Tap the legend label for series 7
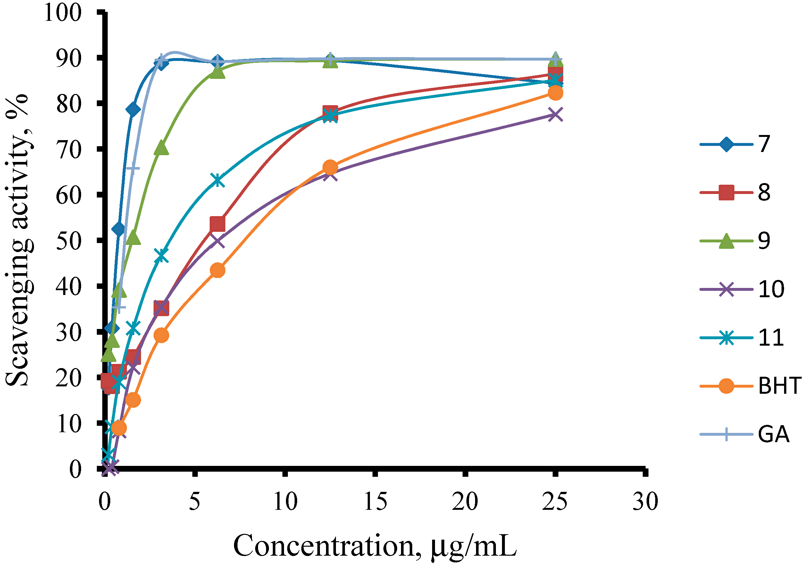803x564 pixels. tap(764, 144)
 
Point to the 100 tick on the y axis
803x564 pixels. tap(63, 13)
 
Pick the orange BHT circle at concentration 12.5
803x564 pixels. tap(330, 167)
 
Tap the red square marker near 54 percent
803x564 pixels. tap(217, 224)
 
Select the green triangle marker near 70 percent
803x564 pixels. tap(161, 148)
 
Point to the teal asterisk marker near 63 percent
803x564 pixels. tap(218, 181)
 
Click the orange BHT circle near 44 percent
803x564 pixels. tap(218, 270)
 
